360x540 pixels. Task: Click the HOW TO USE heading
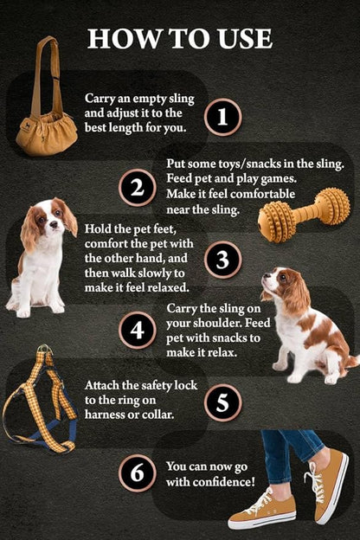(x=180, y=39)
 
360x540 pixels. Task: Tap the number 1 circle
(x=222, y=116)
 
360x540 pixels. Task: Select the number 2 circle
(x=138, y=188)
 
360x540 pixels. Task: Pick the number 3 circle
(x=222, y=260)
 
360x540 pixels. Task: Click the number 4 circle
(x=138, y=330)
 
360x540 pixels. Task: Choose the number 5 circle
(x=222, y=402)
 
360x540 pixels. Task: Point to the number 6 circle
(x=138, y=473)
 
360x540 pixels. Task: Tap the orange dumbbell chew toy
(x=304, y=214)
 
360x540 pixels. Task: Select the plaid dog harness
(x=41, y=400)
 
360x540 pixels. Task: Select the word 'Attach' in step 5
(x=105, y=384)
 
